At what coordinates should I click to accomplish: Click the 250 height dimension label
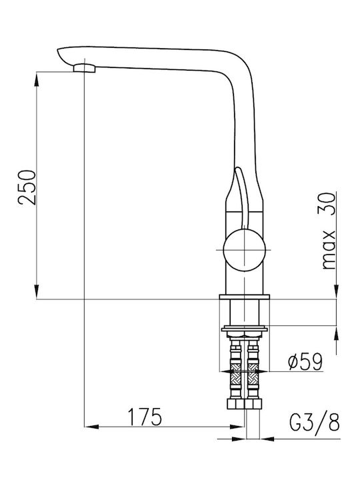[x=27, y=187]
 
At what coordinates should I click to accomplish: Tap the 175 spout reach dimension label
[x=144, y=417]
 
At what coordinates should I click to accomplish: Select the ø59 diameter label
[x=305, y=361]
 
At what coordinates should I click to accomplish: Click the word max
[x=329, y=249]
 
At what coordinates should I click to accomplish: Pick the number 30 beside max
[x=329, y=204]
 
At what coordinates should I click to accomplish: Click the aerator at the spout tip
[x=85, y=68]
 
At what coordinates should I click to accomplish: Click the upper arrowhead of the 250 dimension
[x=37, y=80]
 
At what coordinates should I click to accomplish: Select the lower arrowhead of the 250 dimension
[x=37, y=291]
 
